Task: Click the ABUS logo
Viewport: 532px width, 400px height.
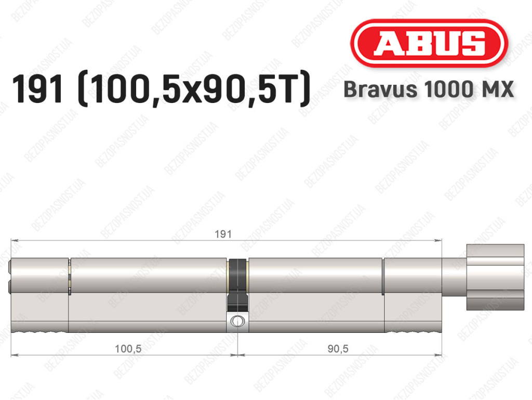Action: (x=429, y=44)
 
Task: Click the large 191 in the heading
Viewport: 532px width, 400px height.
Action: (x=37, y=88)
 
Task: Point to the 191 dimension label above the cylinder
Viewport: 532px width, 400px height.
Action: (x=223, y=234)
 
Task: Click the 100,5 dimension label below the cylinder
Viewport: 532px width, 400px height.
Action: (x=128, y=349)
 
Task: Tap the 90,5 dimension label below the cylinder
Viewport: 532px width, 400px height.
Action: (x=338, y=349)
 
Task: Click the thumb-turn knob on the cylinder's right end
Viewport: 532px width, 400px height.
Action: (x=495, y=277)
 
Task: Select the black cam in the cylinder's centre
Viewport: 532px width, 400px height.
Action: (x=237, y=285)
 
